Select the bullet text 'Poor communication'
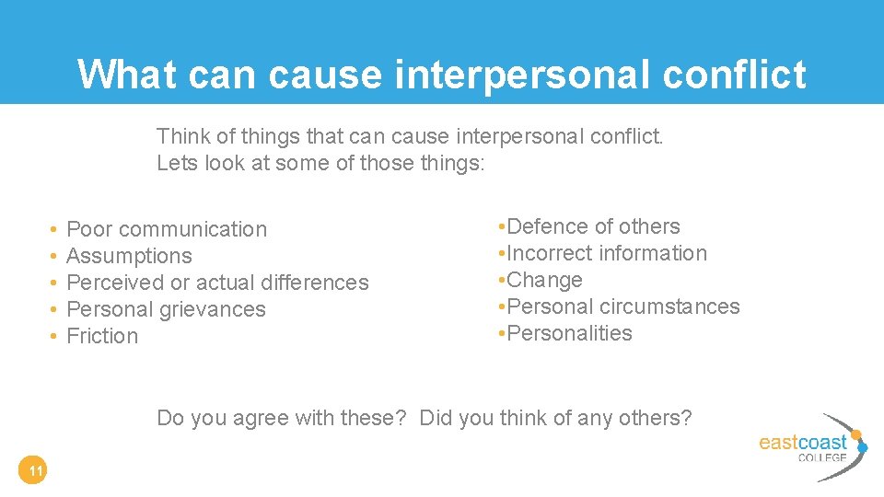(167, 229)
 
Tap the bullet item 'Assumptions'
(130, 256)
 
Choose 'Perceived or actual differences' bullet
(217, 283)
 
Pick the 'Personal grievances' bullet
(166, 309)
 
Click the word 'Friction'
(102, 336)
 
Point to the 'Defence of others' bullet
(593, 226)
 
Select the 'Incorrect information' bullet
(607, 253)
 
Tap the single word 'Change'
(545, 280)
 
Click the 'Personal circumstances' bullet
(623, 306)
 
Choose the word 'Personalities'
(570, 333)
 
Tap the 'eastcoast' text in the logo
(801, 442)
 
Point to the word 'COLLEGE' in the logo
(821, 457)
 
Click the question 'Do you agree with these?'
(282, 418)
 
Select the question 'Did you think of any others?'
(555, 418)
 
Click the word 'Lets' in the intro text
(175, 163)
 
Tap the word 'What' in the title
(127, 75)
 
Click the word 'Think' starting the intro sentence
(183, 137)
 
